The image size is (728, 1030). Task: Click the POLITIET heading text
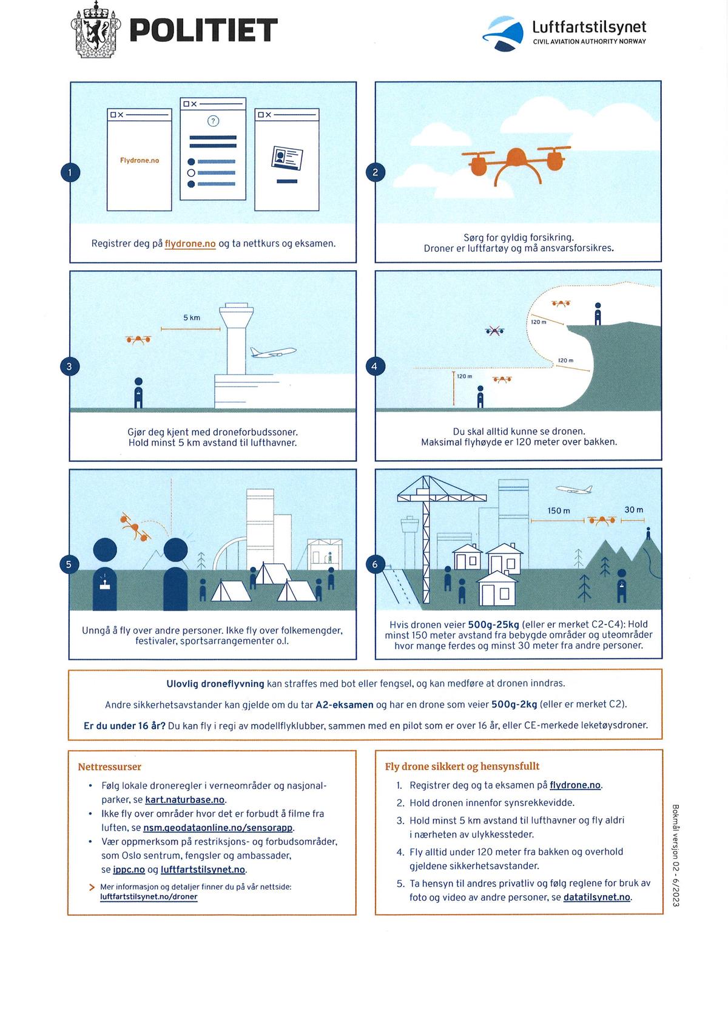pyautogui.click(x=204, y=30)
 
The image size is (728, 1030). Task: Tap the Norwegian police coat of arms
pyautogui.click(x=96, y=30)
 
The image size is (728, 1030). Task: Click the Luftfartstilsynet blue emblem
pyautogui.click(x=503, y=33)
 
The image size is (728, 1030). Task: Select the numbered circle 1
pyautogui.click(x=70, y=172)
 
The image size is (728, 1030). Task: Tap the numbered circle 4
pyautogui.click(x=374, y=367)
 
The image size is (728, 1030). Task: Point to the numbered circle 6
pyautogui.click(x=375, y=564)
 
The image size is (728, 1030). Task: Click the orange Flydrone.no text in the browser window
pyautogui.click(x=140, y=160)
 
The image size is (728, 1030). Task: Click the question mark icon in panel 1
pyautogui.click(x=214, y=121)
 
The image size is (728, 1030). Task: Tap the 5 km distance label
pyautogui.click(x=192, y=317)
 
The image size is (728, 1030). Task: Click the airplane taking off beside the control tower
pyautogui.click(x=273, y=352)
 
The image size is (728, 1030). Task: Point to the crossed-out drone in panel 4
pyautogui.click(x=494, y=331)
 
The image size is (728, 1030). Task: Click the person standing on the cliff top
pyautogui.click(x=598, y=314)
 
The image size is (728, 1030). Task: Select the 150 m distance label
pyautogui.click(x=558, y=511)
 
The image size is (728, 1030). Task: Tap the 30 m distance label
pyautogui.click(x=634, y=510)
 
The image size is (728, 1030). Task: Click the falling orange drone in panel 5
pyautogui.click(x=135, y=527)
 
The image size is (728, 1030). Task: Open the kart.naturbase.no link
pyautogui.click(x=185, y=799)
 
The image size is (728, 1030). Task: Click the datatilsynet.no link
pyautogui.click(x=596, y=897)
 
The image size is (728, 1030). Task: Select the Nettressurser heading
pyautogui.click(x=109, y=767)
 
